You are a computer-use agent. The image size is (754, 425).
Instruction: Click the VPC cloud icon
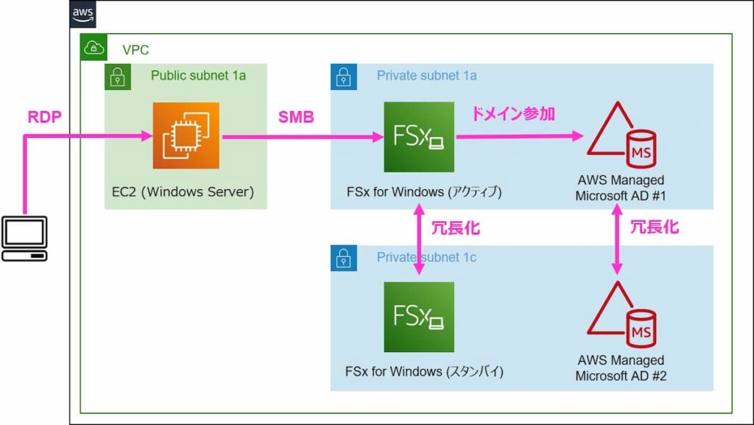pyautogui.click(x=93, y=49)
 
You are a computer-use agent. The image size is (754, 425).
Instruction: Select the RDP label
pyautogui.click(x=44, y=117)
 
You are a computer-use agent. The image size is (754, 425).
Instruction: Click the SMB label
pyautogui.click(x=296, y=117)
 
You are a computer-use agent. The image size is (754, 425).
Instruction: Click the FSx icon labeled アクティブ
pyautogui.click(x=419, y=137)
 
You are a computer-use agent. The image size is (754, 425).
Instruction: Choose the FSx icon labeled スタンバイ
pyautogui.click(x=419, y=317)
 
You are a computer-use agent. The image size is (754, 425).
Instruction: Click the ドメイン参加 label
pyautogui.click(x=512, y=114)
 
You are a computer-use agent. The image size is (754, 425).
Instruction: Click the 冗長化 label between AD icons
pyautogui.click(x=654, y=227)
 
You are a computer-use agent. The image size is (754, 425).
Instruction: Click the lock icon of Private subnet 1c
pyautogui.click(x=344, y=258)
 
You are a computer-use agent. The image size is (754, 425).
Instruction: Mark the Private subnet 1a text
pyautogui.click(x=426, y=75)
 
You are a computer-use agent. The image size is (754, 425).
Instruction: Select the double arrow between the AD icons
pyautogui.click(x=617, y=239)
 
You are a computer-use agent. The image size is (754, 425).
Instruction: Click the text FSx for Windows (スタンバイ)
pyautogui.click(x=424, y=371)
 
